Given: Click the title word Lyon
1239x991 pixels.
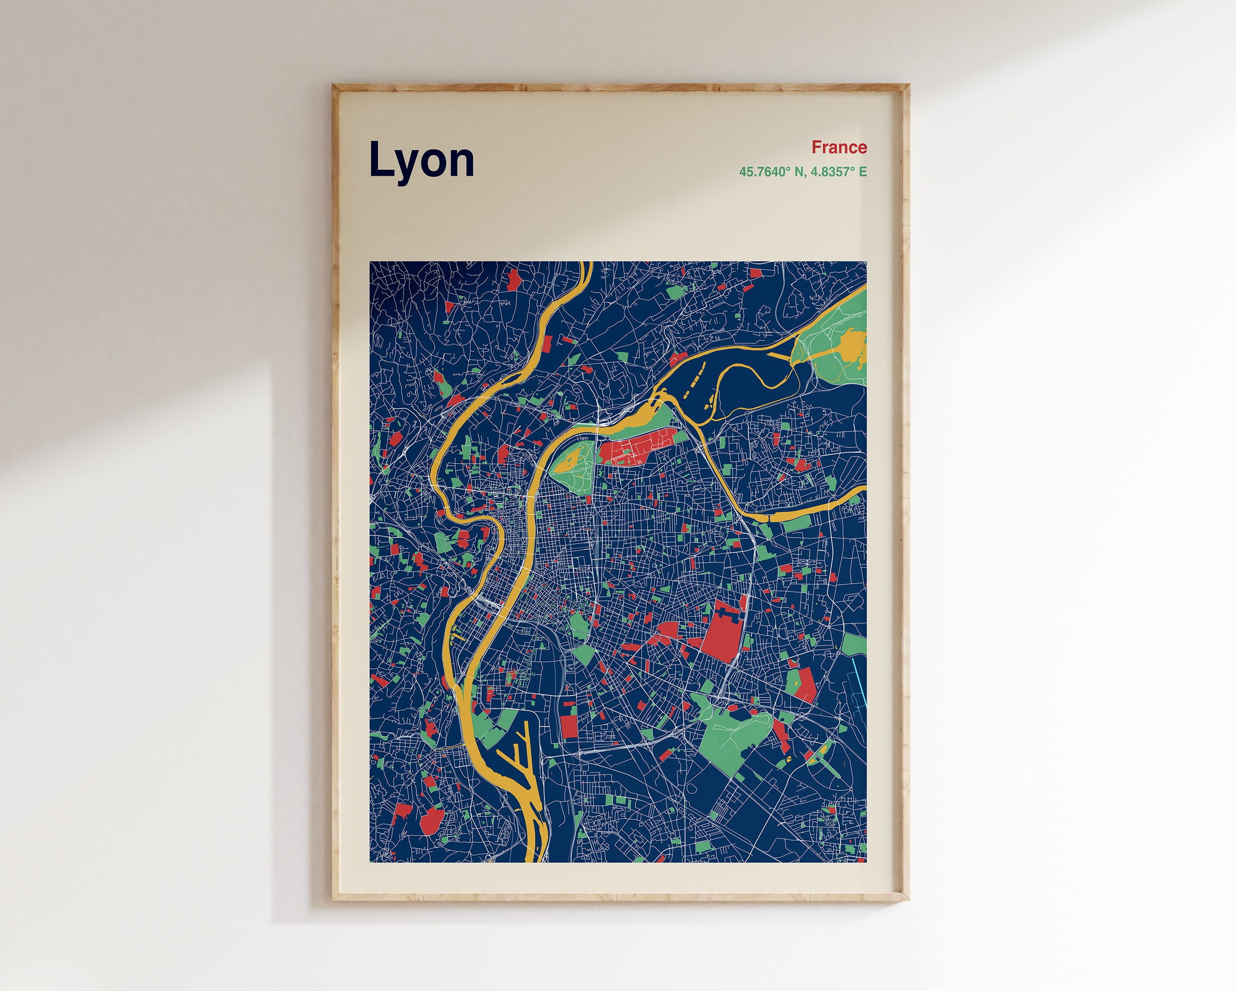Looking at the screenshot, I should pyautogui.click(x=421, y=160).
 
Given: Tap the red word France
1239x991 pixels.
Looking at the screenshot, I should pyautogui.click(x=838, y=148).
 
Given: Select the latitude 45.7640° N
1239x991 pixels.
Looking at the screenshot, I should pyautogui.click(x=771, y=172).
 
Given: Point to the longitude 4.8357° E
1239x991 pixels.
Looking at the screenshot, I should pyautogui.click(x=838, y=172).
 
